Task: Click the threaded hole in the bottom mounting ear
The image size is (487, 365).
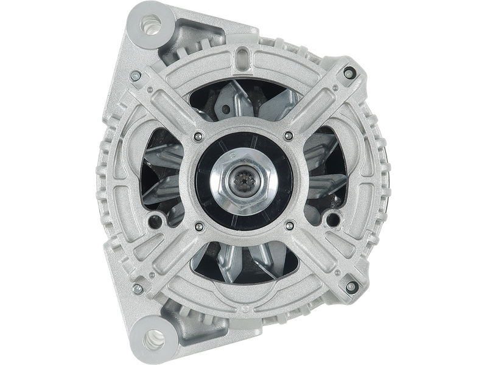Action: point(149,337)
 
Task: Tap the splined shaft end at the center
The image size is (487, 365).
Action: point(242,181)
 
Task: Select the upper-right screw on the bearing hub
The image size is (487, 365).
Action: point(287,135)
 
